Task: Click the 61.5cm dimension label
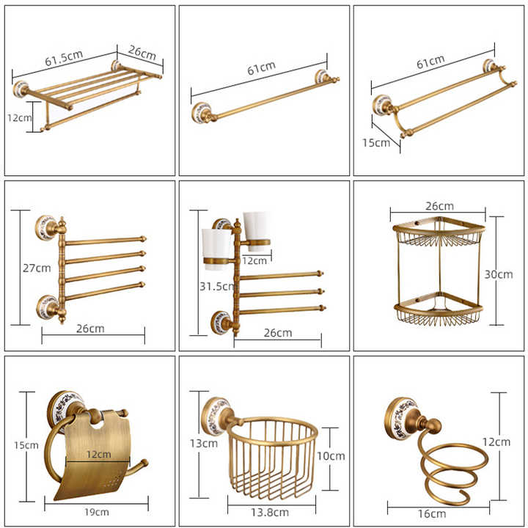(x=64, y=58)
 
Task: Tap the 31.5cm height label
(x=217, y=287)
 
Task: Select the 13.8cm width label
(x=270, y=512)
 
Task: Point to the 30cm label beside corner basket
(x=499, y=274)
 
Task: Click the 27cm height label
(x=37, y=268)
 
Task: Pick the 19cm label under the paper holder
(x=97, y=512)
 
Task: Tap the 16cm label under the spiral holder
(x=432, y=514)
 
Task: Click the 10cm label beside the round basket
(x=331, y=456)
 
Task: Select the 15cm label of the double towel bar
(x=376, y=143)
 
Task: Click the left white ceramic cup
(x=216, y=249)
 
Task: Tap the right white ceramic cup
(x=257, y=231)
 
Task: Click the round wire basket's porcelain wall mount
(x=216, y=417)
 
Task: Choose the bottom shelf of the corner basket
(x=439, y=309)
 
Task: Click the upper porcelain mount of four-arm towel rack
(x=46, y=227)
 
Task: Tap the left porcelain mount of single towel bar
(x=202, y=112)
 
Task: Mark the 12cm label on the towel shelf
(x=20, y=118)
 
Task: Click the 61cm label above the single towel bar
(x=262, y=68)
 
